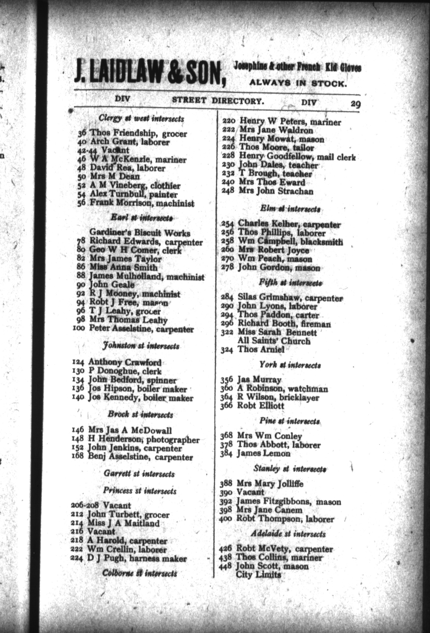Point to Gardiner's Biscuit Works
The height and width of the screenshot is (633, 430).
click(x=140, y=233)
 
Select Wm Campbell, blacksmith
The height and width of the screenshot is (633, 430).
click(x=290, y=242)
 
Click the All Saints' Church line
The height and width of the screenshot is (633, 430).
click(x=274, y=341)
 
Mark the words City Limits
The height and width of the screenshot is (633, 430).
click(x=259, y=574)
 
